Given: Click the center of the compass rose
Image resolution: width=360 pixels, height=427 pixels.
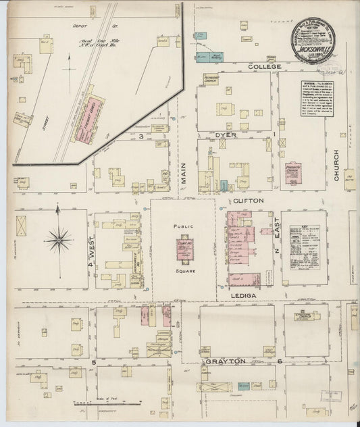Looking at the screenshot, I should pyautogui.click(x=59, y=238).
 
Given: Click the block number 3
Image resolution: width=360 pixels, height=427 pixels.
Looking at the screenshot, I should pyautogui.click(x=140, y=136).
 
